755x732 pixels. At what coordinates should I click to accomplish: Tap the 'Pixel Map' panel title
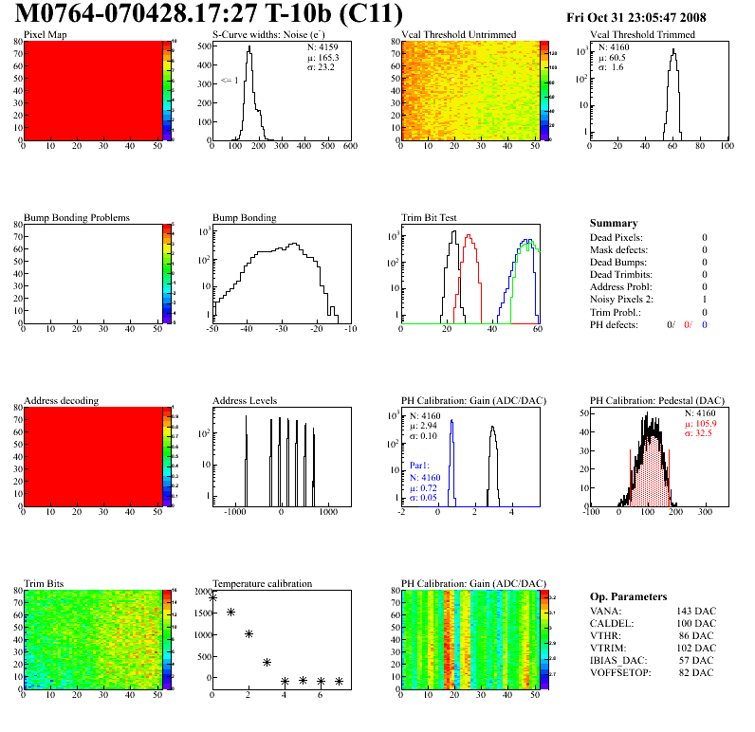click(45, 35)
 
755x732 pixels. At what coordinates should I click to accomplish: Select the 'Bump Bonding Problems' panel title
click(76, 217)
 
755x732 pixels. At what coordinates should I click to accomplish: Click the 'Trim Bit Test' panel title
click(429, 217)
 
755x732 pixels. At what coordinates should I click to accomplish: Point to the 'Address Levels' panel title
click(245, 400)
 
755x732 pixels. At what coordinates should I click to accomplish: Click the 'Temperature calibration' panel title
click(262, 583)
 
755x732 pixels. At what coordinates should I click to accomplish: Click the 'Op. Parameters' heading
click(628, 596)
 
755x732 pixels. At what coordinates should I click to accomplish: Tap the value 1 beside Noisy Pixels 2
click(705, 299)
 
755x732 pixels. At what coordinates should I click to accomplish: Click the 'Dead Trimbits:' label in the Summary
click(622, 274)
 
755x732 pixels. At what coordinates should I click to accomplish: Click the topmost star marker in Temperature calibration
click(212, 598)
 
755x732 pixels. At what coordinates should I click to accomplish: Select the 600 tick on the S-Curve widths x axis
click(349, 147)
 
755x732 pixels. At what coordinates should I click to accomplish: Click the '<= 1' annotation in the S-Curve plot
click(229, 81)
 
